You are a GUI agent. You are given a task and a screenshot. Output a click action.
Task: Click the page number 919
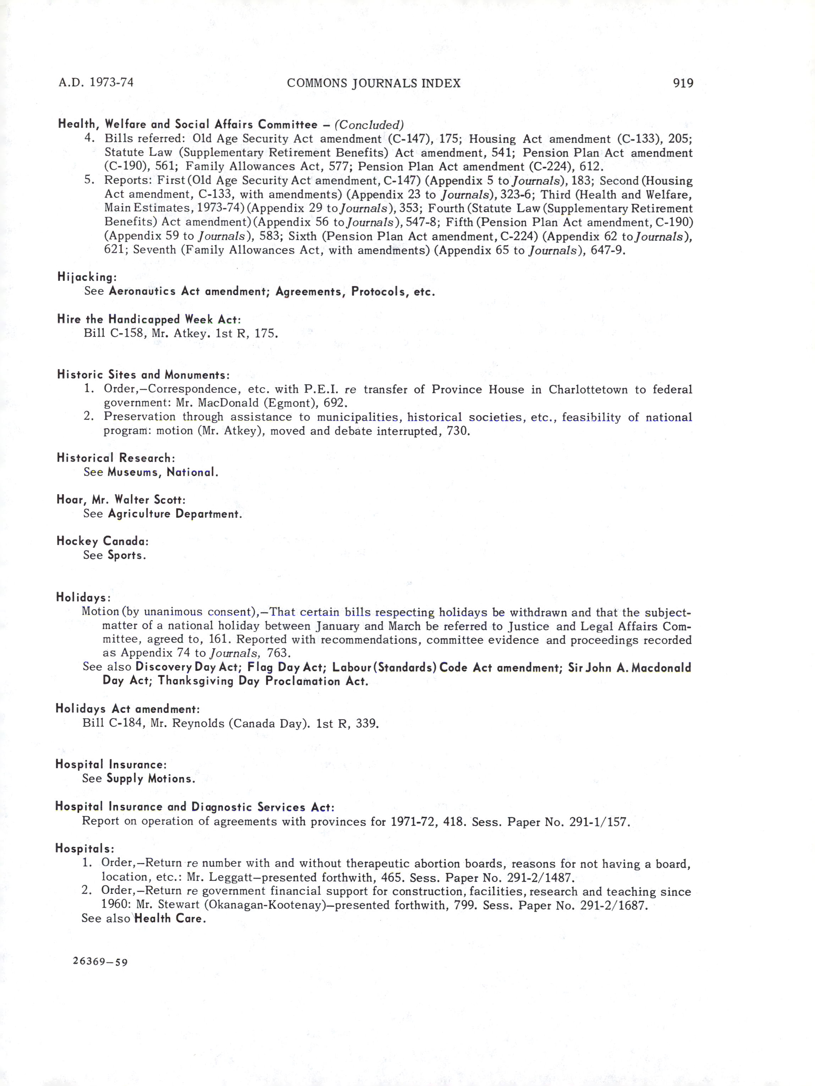point(683,83)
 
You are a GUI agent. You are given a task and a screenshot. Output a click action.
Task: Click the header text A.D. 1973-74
point(96,82)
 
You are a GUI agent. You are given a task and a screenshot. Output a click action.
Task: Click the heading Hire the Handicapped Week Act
point(149,320)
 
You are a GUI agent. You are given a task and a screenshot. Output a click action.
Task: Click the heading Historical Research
point(116,458)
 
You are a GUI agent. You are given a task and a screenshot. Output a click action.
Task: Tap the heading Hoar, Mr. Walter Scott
point(121,500)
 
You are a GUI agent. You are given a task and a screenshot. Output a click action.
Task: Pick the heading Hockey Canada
point(102,541)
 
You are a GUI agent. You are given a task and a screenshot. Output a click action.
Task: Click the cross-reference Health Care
point(170,918)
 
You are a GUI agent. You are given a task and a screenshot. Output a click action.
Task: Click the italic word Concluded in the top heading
point(369,125)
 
